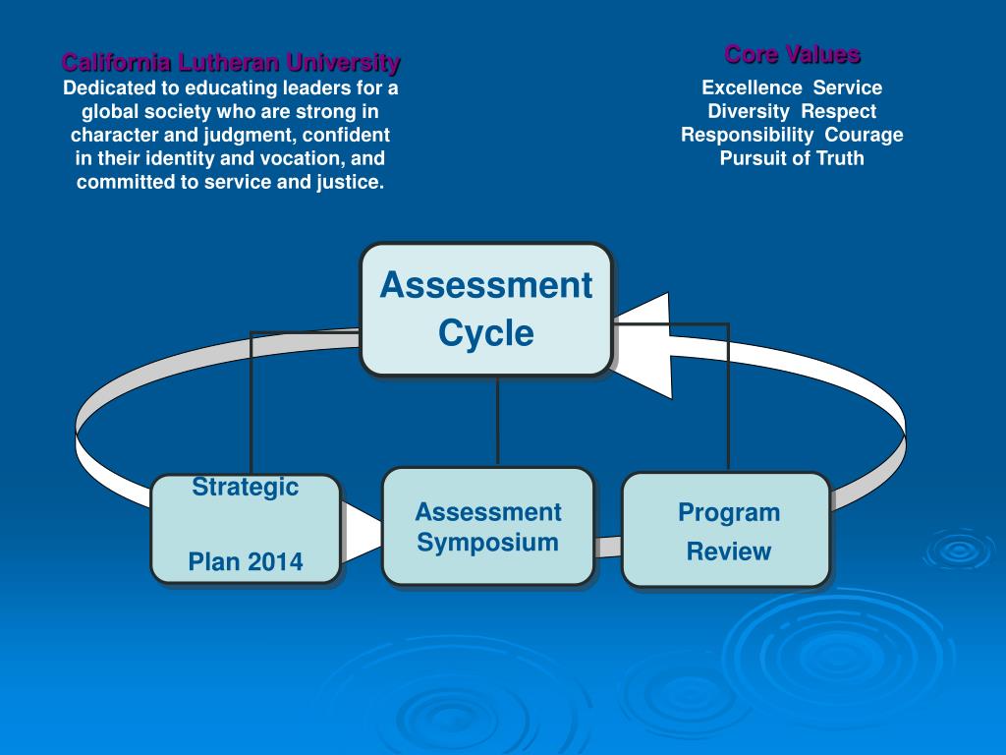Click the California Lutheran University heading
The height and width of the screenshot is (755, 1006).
[231, 63]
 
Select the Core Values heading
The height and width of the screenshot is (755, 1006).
[792, 54]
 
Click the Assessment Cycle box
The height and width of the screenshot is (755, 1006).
[486, 310]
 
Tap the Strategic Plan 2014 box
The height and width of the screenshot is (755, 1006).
[246, 529]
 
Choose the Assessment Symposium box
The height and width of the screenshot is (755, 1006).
[487, 527]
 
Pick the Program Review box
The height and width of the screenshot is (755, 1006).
[727, 531]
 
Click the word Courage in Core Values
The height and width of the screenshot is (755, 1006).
[864, 135]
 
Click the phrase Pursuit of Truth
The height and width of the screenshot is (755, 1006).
[792, 158]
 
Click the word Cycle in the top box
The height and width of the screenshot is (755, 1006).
[486, 333]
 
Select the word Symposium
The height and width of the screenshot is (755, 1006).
[487, 542]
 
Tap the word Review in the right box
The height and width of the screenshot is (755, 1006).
[728, 552]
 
